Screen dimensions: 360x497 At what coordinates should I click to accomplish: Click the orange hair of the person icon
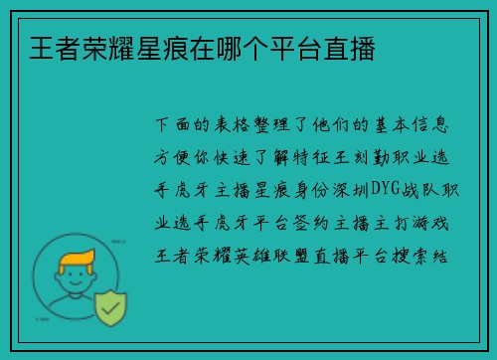click(77, 263)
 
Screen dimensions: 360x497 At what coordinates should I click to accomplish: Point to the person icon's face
click(77, 283)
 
